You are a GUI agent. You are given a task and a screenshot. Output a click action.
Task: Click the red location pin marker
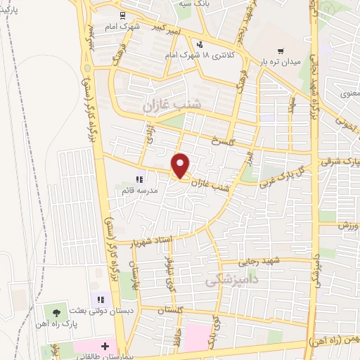point(181,165)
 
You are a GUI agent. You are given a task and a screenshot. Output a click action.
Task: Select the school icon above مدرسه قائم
point(139,179)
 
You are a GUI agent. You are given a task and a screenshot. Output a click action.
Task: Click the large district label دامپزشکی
point(230,281)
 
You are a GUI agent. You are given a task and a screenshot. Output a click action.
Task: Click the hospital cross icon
point(105,347)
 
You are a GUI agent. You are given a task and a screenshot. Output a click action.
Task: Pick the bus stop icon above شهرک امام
point(123,15)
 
